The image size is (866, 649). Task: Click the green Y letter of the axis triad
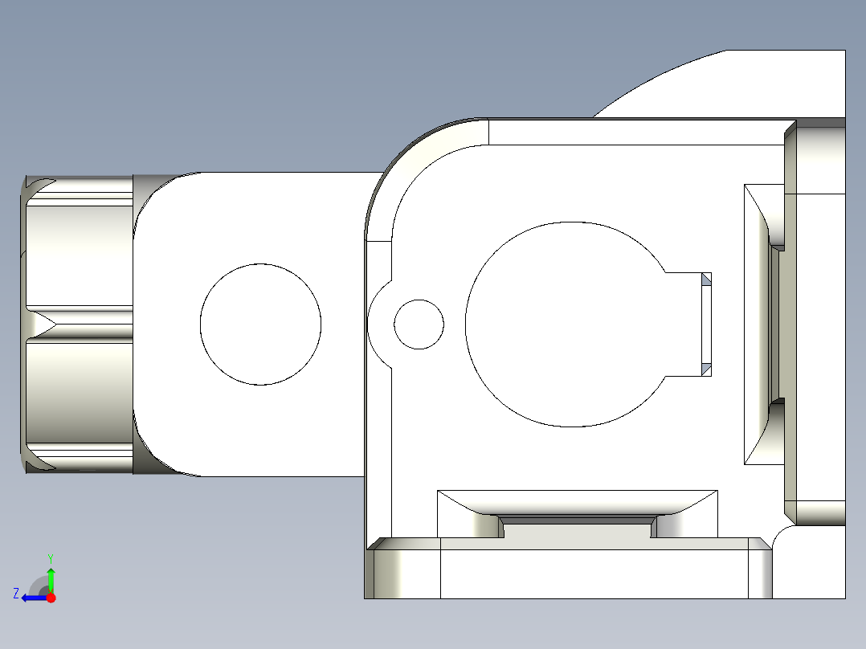point(50,557)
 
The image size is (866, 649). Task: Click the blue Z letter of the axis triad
point(16,594)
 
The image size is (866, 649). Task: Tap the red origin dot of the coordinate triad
point(51,598)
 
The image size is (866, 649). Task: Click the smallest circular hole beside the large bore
point(419,324)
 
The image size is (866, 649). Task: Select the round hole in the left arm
point(260,324)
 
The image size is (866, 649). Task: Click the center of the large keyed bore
point(566,324)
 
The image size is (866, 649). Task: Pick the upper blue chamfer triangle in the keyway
point(706,280)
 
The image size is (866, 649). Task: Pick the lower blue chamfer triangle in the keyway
point(706,368)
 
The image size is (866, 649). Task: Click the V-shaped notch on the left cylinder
point(44,324)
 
